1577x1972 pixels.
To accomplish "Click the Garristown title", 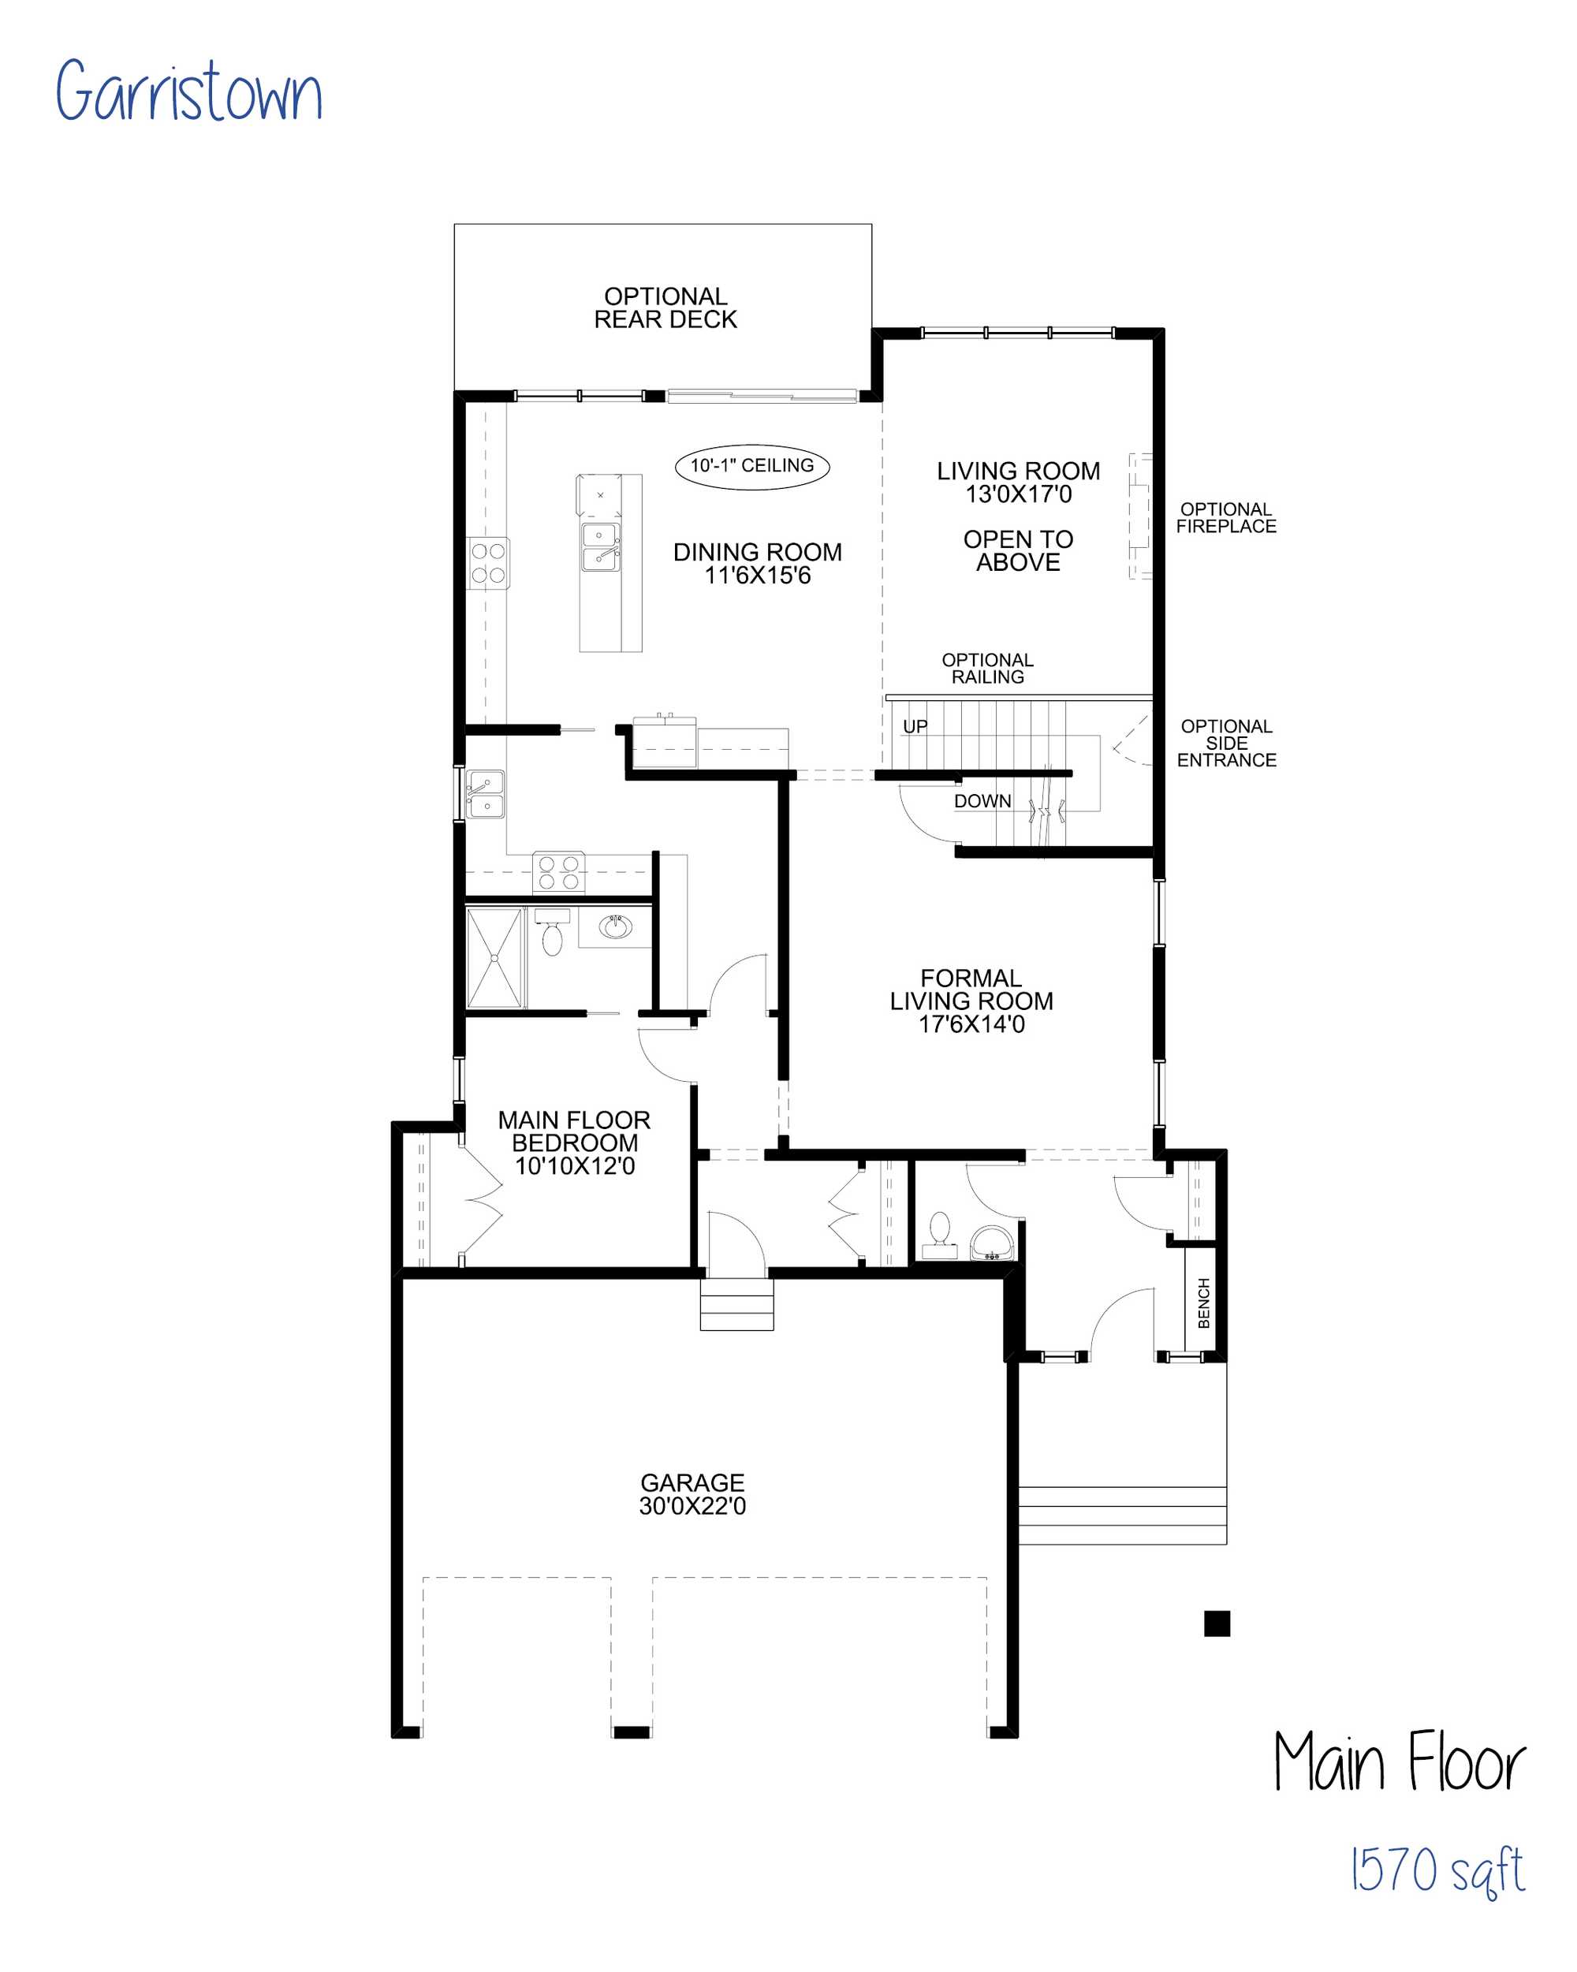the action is point(188,91).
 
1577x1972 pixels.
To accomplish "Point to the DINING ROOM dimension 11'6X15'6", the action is point(758,576).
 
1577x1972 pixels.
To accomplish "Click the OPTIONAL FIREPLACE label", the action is point(1226,518).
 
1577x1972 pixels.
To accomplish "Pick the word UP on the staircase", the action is point(915,726).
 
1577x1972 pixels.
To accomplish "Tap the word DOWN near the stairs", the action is point(982,801).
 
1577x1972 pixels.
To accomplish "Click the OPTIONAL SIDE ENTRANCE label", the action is point(1226,743).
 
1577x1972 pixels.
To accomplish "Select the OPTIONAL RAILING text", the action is point(987,668).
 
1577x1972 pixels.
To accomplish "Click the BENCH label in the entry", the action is point(1204,1303).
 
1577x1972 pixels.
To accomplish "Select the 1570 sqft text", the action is point(1438,1870).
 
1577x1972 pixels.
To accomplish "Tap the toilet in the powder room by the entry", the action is point(939,1235).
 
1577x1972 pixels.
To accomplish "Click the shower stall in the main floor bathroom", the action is point(495,958).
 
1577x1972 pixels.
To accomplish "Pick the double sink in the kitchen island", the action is point(600,547).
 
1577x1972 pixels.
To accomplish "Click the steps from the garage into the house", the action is point(736,1303).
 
